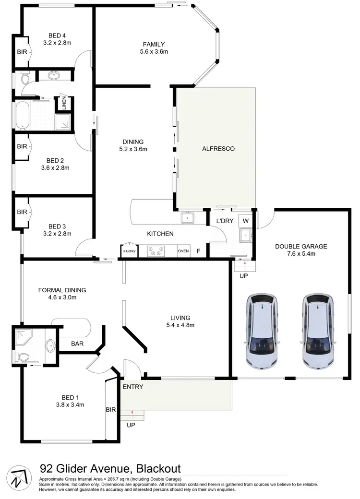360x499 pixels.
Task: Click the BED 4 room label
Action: pyautogui.click(x=57, y=35)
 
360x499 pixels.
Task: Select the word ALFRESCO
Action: pyautogui.click(x=218, y=149)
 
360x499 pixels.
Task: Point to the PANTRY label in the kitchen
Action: pyautogui.click(x=129, y=251)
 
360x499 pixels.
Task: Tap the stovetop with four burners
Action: pyautogui.click(x=157, y=250)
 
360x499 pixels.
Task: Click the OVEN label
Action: pyautogui.click(x=183, y=251)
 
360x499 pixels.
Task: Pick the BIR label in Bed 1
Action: pyautogui.click(x=110, y=410)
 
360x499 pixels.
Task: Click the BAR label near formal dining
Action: pyautogui.click(x=78, y=344)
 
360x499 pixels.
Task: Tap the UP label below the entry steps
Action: pyautogui.click(x=131, y=425)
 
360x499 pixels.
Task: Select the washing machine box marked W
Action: pyautogui.click(x=246, y=221)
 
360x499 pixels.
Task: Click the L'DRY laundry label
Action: pyautogui.click(x=224, y=221)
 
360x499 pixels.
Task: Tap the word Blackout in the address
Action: pyautogui.click(x=158, y=468)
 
